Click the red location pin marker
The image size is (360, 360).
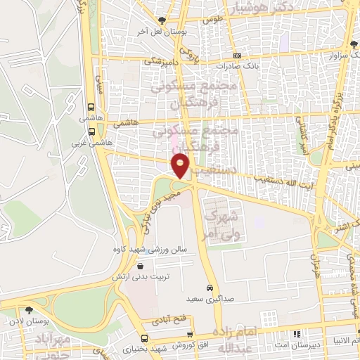click(x=181, y=166)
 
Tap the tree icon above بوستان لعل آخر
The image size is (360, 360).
click(x=162, y=20)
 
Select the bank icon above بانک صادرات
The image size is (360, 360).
click(x=238, y=56)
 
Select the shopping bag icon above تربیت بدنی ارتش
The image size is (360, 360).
click(x=143, y=266)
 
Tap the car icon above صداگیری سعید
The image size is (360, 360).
click(x=210, y=288)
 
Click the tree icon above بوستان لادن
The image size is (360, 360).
click(x=29, y=309)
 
